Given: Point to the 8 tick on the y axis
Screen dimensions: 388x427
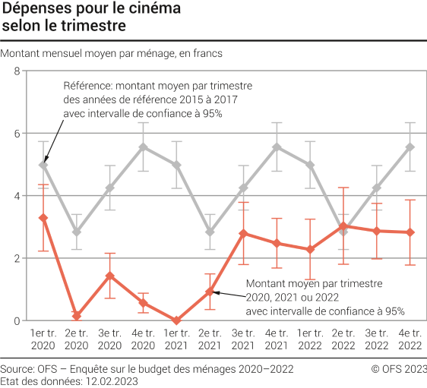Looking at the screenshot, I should tap(17, 71).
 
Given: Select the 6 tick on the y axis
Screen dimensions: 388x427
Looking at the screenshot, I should tap(17, 134).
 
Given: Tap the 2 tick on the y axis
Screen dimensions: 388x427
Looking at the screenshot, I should tap(17, 258).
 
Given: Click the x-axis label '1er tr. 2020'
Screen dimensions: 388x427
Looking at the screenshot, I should tap(44, 340).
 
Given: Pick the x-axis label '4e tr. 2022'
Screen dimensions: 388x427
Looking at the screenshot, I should tap(411, 340).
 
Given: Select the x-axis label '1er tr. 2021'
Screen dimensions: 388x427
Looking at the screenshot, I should tap(177, 340).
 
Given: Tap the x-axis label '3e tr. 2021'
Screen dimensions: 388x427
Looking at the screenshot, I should tap(244, 340).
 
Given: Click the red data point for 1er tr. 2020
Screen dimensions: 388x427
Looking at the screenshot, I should tap(44, 218).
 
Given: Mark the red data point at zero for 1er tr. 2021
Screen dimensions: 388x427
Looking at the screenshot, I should tap(177, 320).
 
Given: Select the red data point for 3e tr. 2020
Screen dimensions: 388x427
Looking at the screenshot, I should tap(110, 276).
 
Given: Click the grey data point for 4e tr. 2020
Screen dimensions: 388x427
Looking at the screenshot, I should tap(144, 147).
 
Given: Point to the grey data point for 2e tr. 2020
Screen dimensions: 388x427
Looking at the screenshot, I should tap(77, 232).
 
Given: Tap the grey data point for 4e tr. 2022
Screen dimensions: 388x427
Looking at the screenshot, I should tap(411, 147).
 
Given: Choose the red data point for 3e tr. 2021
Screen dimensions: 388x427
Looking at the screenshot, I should tap(244, 233).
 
